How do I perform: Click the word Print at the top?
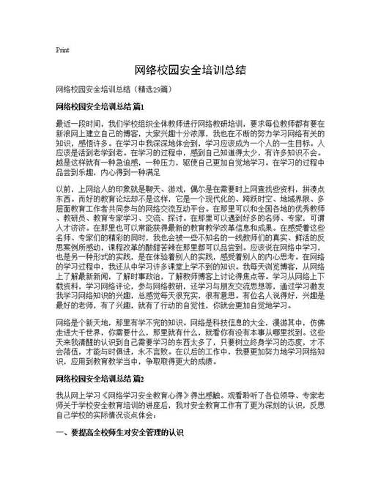click(x=62, y=50)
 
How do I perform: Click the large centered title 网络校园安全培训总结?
click(x=190, y=70)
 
